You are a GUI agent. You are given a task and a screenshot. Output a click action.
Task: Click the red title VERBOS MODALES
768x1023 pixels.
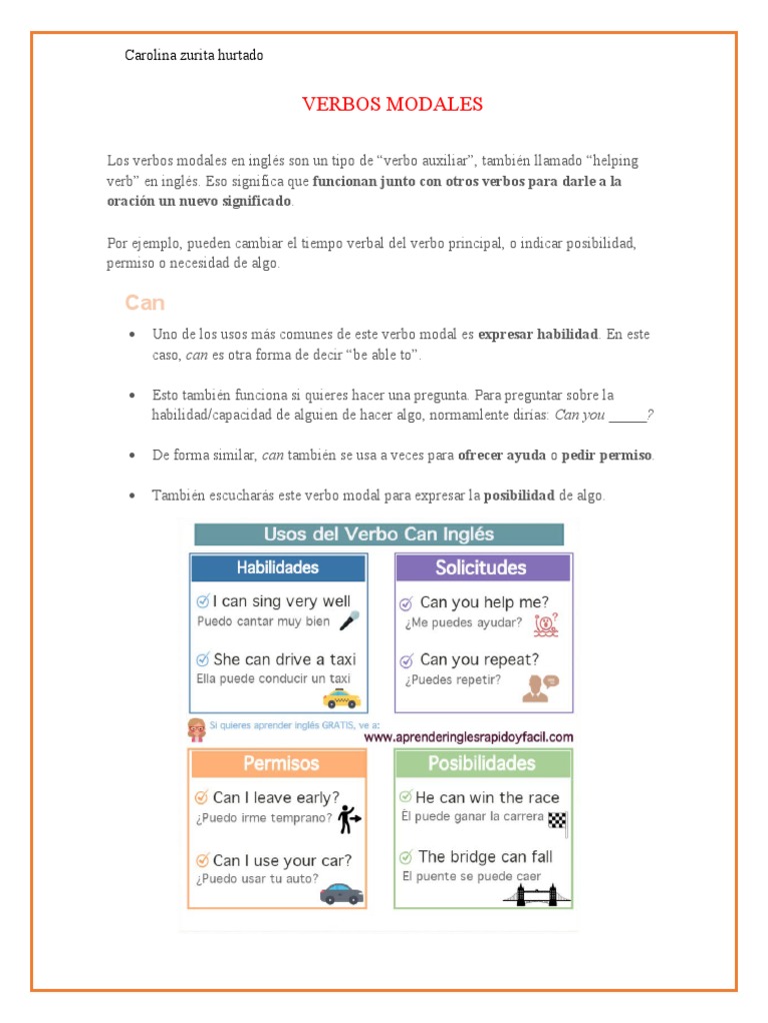[392, 104]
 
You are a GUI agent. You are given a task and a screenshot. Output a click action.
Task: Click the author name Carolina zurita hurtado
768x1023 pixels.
[194, 56]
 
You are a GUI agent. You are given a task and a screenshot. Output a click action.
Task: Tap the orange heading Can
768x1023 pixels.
[145, 303]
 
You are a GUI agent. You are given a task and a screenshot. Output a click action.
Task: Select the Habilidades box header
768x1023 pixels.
[278, 567]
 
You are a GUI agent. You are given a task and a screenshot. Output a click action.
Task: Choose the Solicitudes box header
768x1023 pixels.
[481, 567]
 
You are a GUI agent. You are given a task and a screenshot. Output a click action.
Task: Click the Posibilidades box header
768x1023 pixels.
[482, 763]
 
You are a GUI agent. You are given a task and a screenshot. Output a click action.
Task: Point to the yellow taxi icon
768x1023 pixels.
[341, 697]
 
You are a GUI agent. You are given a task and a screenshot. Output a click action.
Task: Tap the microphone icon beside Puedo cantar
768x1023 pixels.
[349, 620]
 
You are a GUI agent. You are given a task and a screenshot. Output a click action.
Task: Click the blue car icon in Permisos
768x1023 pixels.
[341, 892]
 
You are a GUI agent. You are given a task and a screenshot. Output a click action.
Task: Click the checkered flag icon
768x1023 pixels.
[557, 819]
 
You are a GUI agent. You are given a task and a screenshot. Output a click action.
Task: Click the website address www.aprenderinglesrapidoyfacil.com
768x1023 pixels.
[468, 737]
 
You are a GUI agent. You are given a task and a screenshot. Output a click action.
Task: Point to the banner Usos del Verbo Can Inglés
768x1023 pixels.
[379, 534]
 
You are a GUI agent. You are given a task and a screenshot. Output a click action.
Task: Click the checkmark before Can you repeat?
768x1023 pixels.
[406, 660]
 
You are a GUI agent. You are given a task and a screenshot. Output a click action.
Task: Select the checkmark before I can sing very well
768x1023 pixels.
[203, 601]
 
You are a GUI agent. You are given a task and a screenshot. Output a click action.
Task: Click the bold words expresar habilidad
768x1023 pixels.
[538, 334]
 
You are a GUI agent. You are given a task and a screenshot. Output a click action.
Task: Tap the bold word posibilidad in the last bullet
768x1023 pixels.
[519, 496]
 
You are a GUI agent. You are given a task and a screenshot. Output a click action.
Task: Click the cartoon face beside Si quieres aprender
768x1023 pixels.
[197, 729]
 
